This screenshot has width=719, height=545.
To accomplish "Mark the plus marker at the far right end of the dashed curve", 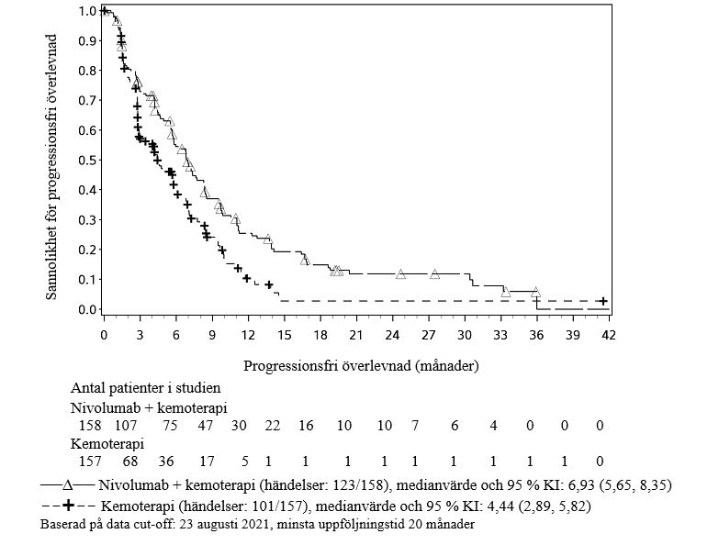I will (601, 301).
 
